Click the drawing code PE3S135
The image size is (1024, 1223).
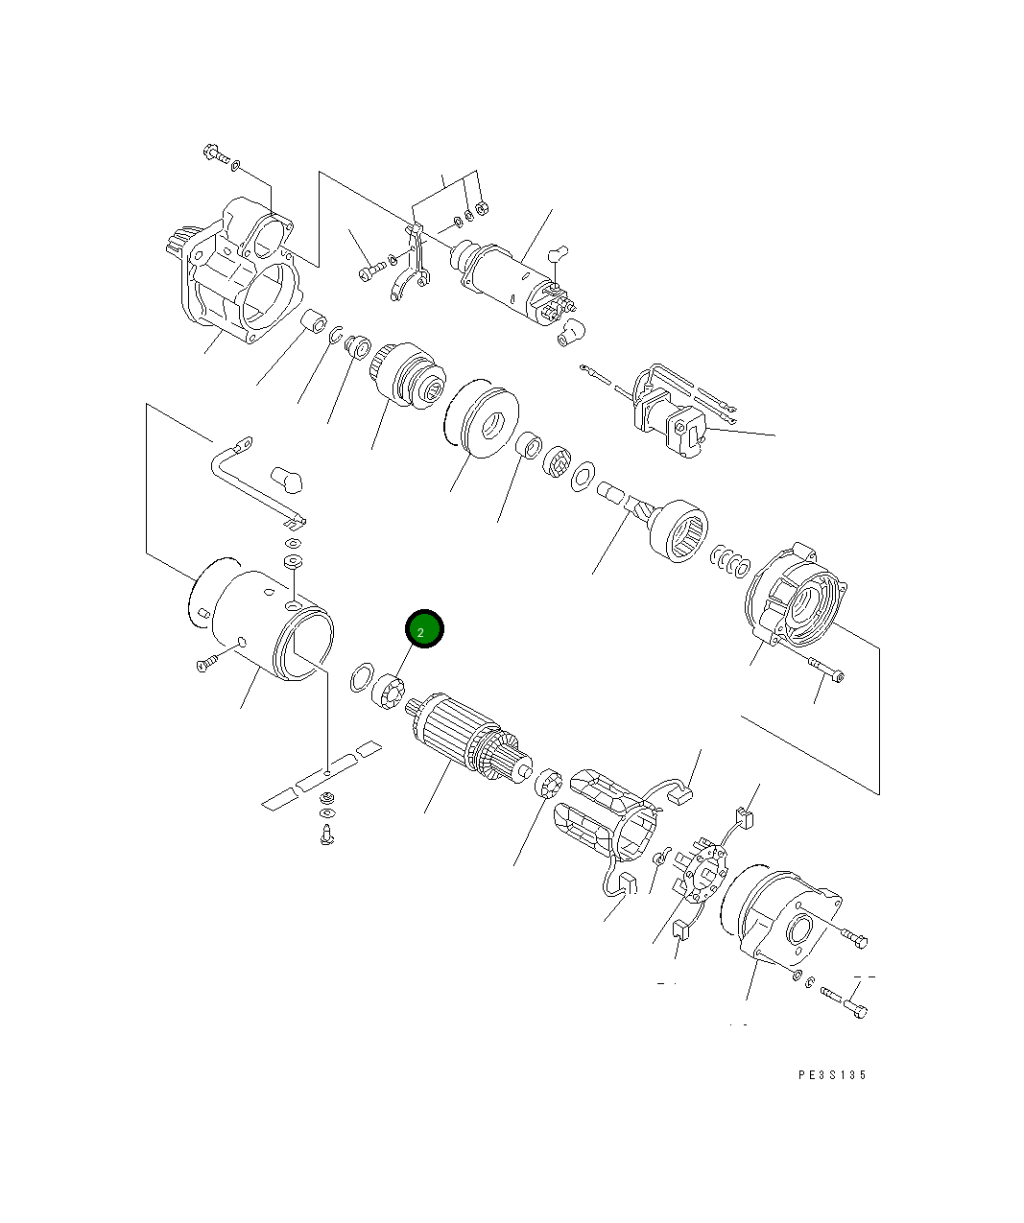click(832, 1075)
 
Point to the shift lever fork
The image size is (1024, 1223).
click(413, 264)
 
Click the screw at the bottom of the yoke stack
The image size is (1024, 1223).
click(326, 833)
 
